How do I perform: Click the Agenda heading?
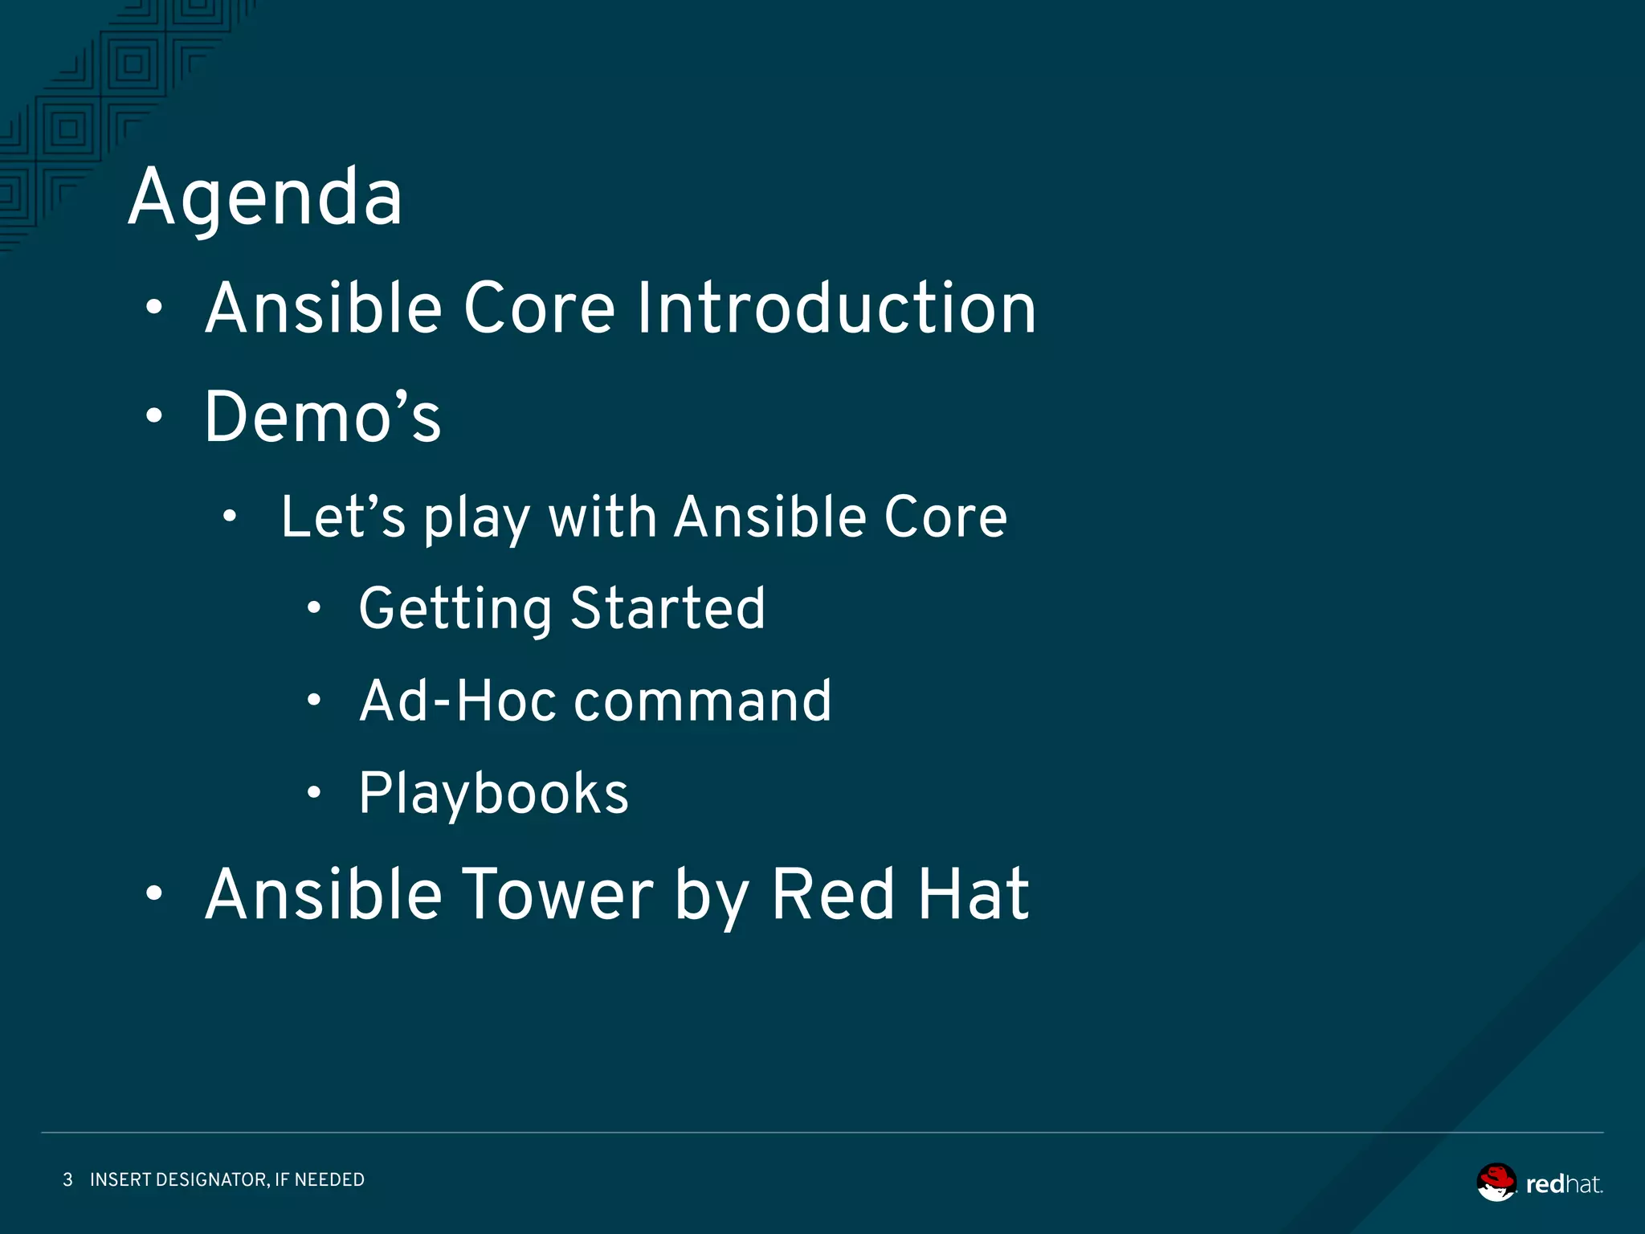(x=265, y=198)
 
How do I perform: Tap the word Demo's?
(x=322, y=417)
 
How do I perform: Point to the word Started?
(x=667, y=608)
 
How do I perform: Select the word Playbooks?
(x=493, y=794)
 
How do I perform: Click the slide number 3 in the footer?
(x=67, y=1179)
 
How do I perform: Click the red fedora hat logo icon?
(x=1496, y=1182)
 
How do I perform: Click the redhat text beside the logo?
(x=1563, y=1184)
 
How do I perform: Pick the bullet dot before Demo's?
(x=154, y=416)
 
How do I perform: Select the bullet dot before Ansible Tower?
(x=154, y=893)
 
